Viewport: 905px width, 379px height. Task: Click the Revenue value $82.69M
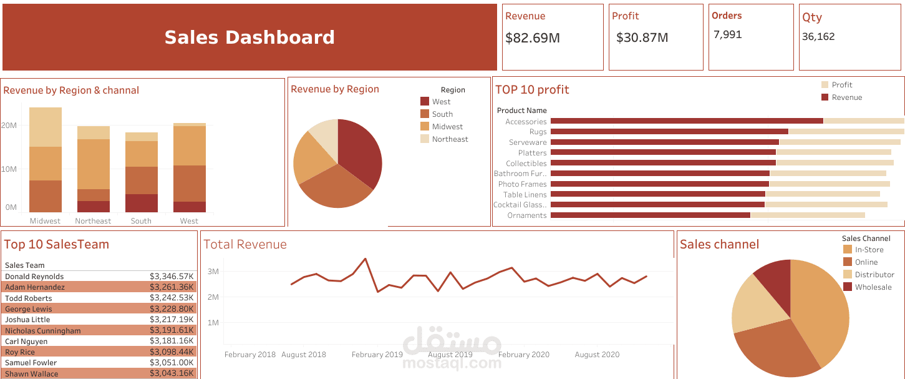[x=533, y=38]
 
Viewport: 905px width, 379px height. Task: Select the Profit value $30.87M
[x=642, y=38]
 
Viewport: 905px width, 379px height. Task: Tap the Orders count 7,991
[x=727, y=35]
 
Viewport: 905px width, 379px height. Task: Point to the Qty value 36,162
[x=818, y=37]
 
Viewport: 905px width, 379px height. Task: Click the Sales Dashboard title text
[x=249, y=37]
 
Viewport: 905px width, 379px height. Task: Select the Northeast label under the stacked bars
[x=93, y=221]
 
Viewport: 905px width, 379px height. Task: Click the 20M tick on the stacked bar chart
[x=9, y=126]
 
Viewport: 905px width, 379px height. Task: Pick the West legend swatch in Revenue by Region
[x=425, y=102]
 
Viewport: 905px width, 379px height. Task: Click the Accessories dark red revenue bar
[x=686, y=121]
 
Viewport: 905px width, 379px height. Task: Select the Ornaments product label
[x=527, y=215]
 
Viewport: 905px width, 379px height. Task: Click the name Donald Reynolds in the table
[x=34, y=277]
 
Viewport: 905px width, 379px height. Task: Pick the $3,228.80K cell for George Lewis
[x=172, y=309]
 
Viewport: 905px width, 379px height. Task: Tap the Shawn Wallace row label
[x=32, y=374]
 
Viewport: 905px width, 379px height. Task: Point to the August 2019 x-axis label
[x=450, y=355]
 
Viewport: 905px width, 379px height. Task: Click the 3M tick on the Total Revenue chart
[x=213, y=272]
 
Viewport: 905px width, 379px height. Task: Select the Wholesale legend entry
[x=873, y=287]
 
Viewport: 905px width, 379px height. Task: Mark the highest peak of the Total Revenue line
[x=365, y=258]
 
